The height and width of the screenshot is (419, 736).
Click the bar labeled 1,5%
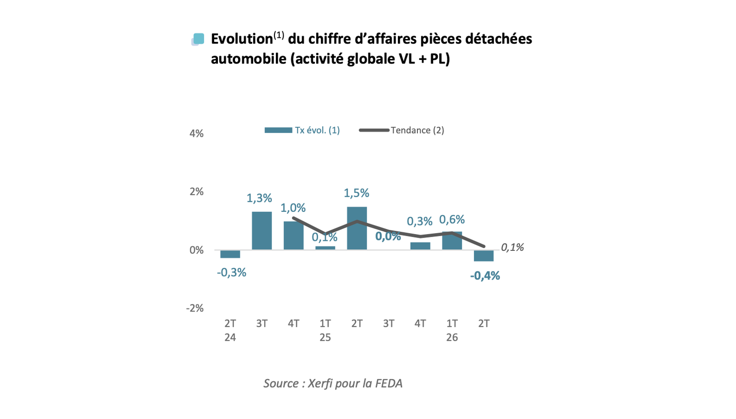pyautogui.click(x=357, y=228)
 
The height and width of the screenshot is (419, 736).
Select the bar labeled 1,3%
pyautogui.click(x=262, y=231)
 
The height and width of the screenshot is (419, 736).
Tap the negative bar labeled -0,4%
pyautogui.click(x=484, y=256)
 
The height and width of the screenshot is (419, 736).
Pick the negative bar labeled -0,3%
pyautogui.click(x=230, y=254)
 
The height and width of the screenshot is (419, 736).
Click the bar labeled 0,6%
pyautogui.click(x=452, y=240)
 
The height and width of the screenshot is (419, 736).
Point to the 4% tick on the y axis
pyautogui.click(x=197, y=134)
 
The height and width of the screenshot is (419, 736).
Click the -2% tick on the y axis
pyautogui.click(x=195, y=308)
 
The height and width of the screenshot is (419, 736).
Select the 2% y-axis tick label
pyautogui.click(x=197, y=191)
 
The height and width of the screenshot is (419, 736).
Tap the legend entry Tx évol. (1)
pyautogui.click(x=302, y=130)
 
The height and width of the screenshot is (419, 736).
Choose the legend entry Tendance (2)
pyautogui.click(x=402, y=130)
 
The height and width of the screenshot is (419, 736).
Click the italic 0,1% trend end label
pyautogui.click(x=512, y=248)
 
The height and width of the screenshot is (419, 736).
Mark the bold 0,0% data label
pyautogui.click(x=388, y=236)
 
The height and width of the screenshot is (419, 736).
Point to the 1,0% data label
pyautogui.click(x=293, y=208)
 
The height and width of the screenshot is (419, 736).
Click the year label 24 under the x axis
pyautogui.click(x=230, y=337)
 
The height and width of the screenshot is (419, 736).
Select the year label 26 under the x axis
pyautogui.click(x=452, y=337)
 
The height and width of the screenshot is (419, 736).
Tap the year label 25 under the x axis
pyautogui.click(x=325, y=337)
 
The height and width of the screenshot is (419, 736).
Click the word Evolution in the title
pyautogui.click(x=242, y=39)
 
